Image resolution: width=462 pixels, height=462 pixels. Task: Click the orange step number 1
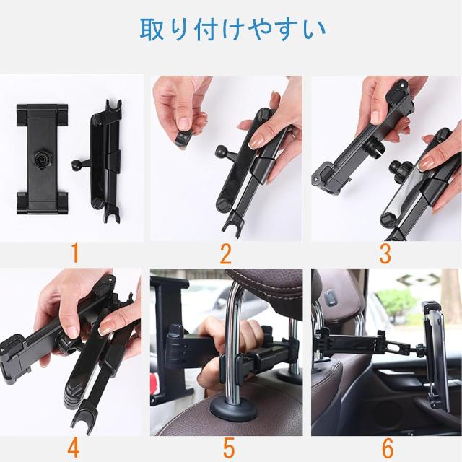(75, 253)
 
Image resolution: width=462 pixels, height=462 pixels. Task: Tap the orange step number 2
(226, 254)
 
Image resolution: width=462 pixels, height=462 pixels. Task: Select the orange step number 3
(385, 254)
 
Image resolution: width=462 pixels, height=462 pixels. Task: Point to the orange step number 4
(73, 448)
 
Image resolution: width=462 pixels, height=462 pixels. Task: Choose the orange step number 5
(229, 448)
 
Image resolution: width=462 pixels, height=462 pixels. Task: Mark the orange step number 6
(387, 448)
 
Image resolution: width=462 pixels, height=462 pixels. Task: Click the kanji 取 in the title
(152, 29)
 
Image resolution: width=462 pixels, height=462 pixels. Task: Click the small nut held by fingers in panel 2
(183, 139)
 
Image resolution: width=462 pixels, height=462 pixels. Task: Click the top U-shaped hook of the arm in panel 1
(113, 108)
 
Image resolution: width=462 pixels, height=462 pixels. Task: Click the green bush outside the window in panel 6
(397, 303)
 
